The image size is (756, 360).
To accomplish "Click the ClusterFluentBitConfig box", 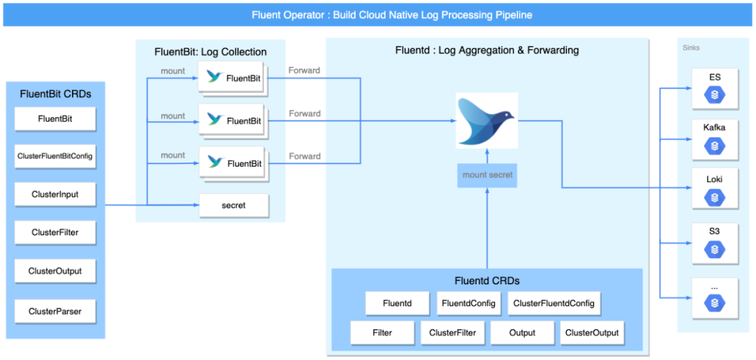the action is [x=55, y=157].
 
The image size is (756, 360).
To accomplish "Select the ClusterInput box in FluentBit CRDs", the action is [x=55, y=195].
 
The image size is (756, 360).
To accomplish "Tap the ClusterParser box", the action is [x=55, y=311].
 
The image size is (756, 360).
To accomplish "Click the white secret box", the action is [x=234, y=206].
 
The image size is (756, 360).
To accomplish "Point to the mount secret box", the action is [x=487, y=175].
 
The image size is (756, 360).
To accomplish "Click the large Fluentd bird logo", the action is [x=487, y=120].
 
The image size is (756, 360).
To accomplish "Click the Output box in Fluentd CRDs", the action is [x=522, y=333].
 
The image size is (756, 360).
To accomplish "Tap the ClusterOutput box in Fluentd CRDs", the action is [x=592, y=333].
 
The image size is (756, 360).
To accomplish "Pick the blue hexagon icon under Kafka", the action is [x=715, y=145].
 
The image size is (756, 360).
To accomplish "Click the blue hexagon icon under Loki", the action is [x=715, y=197].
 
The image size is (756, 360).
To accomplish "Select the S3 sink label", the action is [x=715, y=231].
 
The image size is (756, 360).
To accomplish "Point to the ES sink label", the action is [x=715, y=76].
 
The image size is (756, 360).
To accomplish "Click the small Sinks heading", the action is [x=692, y=48].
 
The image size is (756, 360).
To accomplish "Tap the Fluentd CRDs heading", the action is [x=487, y=280].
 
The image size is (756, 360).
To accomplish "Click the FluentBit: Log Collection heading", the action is [x=211, y=52].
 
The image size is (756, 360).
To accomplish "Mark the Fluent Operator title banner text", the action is [x=392, y=15].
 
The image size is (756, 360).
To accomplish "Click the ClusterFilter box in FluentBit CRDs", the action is [x=55, y=232].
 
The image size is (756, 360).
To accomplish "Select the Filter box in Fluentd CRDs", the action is [x=382, y=333].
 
